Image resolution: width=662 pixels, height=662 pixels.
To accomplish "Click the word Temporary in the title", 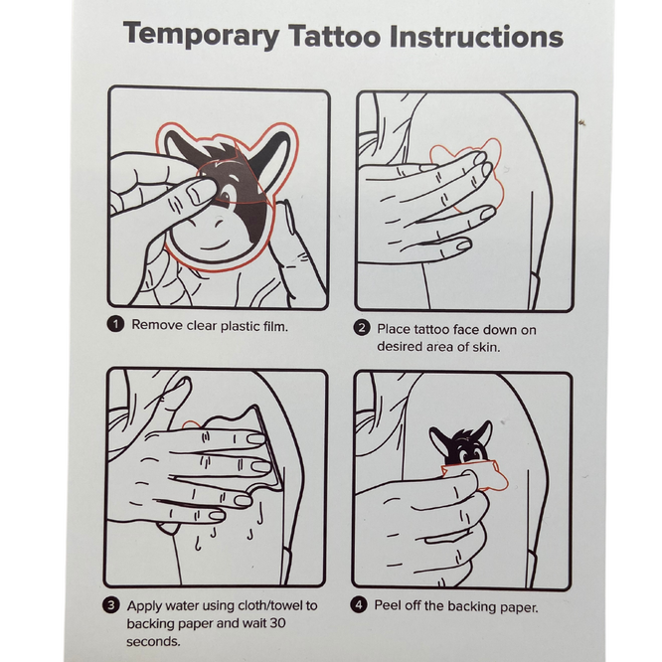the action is (202, 35).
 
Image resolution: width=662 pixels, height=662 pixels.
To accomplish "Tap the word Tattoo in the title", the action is (334, 36).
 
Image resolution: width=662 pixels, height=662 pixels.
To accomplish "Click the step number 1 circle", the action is (115, 325).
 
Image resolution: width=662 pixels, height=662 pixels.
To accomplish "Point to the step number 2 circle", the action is (362, 328).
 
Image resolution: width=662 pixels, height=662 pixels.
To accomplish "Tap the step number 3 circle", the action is (111, 605).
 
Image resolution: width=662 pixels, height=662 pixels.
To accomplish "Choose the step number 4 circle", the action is (359, 605).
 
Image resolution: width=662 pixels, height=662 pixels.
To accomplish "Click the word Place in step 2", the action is (394, 329).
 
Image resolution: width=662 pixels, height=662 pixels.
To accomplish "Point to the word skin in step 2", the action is (486, 347).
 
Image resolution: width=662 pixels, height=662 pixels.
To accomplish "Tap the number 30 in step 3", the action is (276, 623).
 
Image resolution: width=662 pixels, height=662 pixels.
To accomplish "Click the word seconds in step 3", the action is (153, 642).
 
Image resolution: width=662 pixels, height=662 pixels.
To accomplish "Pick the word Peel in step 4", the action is (388, 605).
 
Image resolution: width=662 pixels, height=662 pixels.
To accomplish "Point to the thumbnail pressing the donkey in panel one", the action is (199, 192).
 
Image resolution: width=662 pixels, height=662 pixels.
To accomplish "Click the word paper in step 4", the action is (519, 607).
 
